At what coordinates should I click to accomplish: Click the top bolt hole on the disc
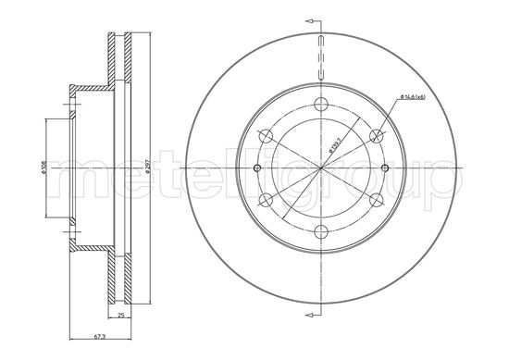320,105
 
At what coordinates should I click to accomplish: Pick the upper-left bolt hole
266,136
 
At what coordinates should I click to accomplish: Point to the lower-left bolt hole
266,200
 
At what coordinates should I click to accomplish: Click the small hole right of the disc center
385,168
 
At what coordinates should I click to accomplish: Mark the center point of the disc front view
320,168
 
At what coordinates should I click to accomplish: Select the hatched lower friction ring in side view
119,278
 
